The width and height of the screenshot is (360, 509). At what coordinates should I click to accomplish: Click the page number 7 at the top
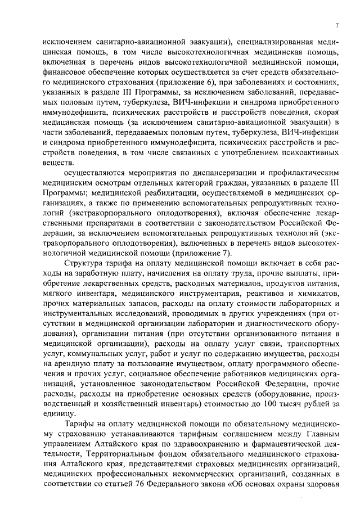336,25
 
